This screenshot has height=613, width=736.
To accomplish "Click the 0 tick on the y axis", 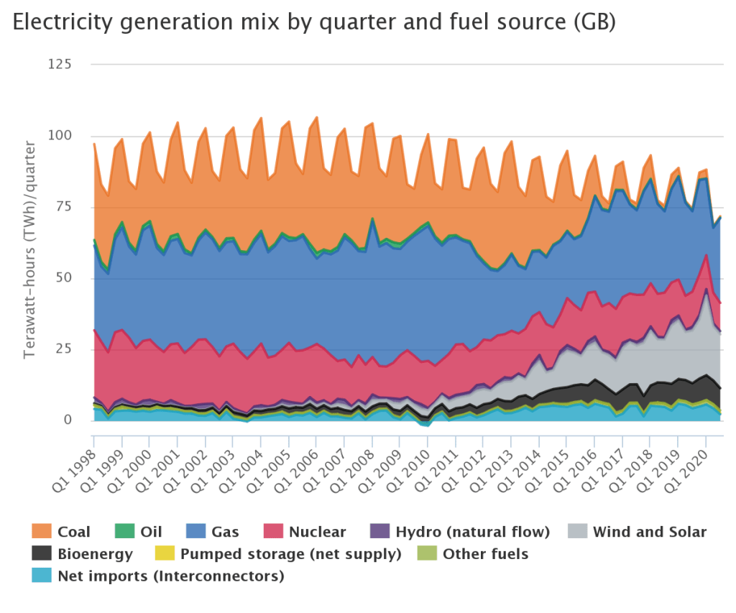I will click(x=67, y=420).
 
